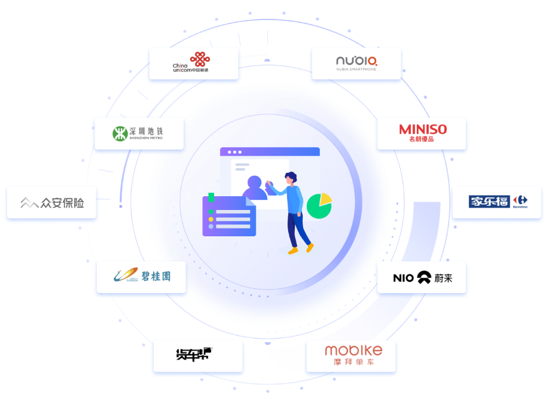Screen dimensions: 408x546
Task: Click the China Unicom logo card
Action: point(193,63)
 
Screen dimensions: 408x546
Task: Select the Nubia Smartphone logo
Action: point(356,63)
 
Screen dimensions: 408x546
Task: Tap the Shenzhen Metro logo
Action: point(139,133)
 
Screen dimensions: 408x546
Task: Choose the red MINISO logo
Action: point(422,133)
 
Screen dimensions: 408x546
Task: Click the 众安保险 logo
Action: point(52,203)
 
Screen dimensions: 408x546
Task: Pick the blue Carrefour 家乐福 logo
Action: point(497,202)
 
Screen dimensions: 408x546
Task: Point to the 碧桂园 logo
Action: point(142,276)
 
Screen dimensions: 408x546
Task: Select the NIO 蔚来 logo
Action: point(422,277)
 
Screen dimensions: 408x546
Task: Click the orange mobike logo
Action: point(352,355)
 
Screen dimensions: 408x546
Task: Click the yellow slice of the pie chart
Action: point(326,198)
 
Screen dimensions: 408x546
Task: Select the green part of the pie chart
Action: point(318,208)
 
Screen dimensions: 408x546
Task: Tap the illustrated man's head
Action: point(291,177)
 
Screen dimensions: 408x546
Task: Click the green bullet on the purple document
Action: point(211,212)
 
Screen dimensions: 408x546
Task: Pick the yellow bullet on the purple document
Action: point(211,220)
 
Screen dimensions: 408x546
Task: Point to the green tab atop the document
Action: point(211,197)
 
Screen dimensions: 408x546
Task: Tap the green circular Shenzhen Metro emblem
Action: point(120,133)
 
